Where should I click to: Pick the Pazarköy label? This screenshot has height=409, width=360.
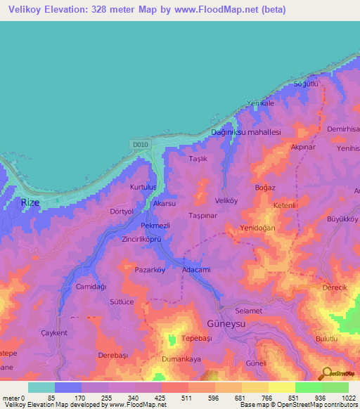[150, 269]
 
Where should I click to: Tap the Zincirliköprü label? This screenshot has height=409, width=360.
[142, 240]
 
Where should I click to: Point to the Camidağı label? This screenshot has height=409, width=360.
[91, 287]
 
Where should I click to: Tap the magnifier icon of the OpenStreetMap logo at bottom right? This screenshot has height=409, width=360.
[325, 373]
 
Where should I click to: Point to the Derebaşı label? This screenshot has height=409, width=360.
[114, 355]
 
